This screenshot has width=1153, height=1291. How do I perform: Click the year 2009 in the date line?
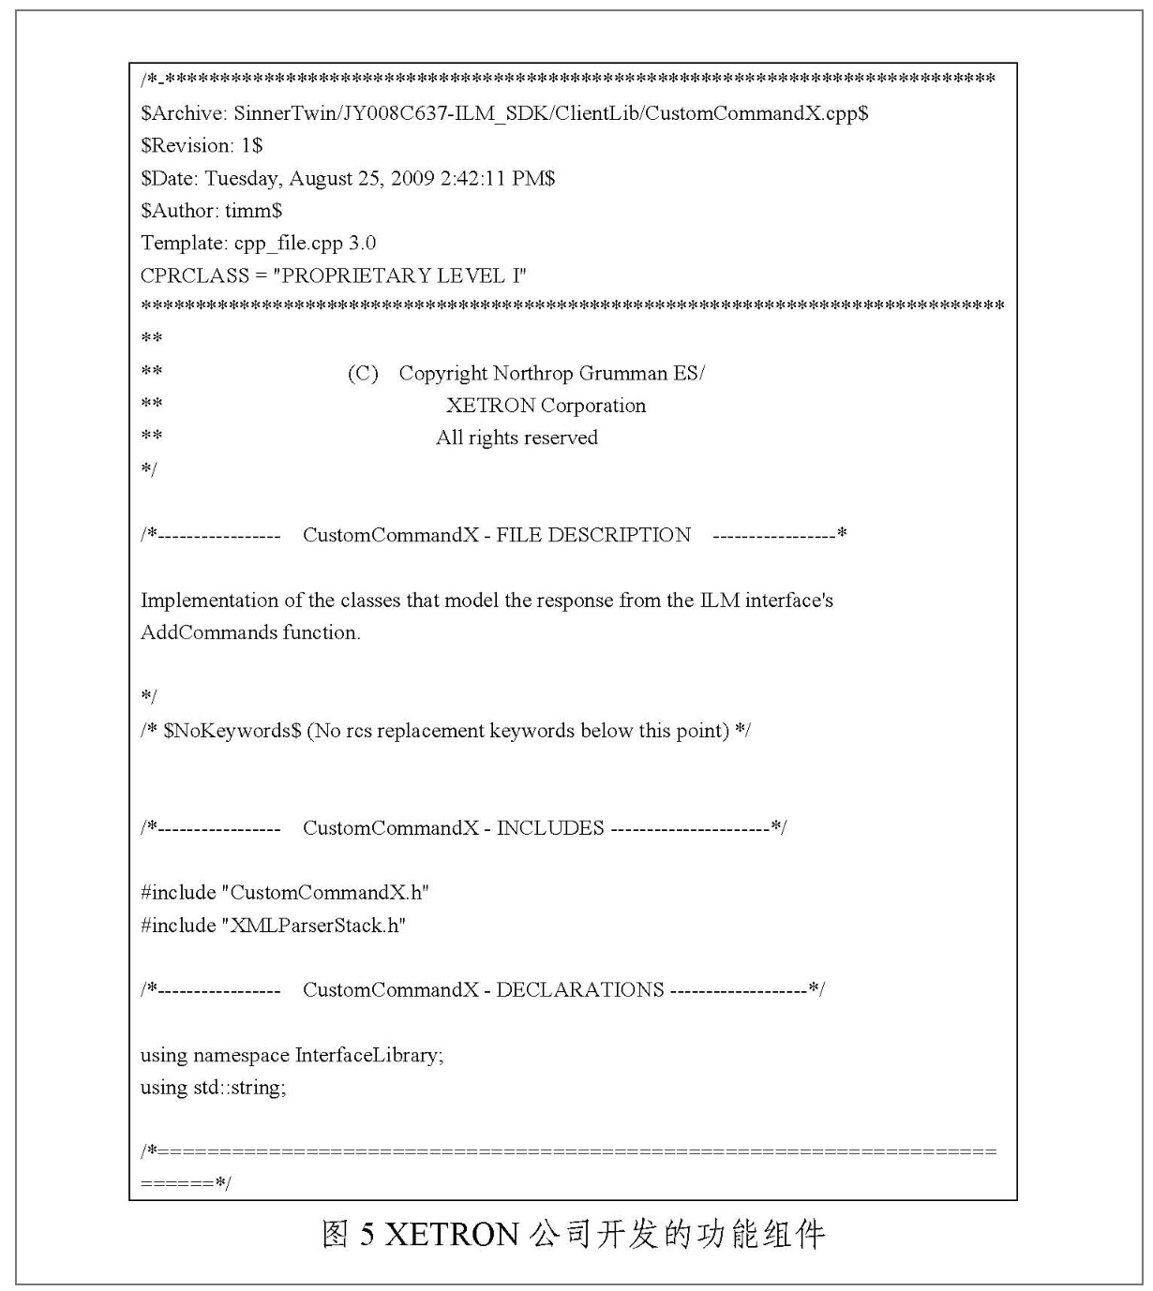coord(412,178)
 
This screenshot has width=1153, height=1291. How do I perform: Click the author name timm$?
coord(253,211)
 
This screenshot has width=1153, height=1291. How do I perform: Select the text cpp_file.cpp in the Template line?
coord(289,244)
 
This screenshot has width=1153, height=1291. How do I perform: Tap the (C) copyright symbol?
coord(363,374)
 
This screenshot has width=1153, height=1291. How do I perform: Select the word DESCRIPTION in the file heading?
coord(620,535)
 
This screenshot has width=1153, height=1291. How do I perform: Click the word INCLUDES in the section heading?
coord(550,828)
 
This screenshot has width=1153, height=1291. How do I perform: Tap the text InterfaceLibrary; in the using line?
coord(369,1055)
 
